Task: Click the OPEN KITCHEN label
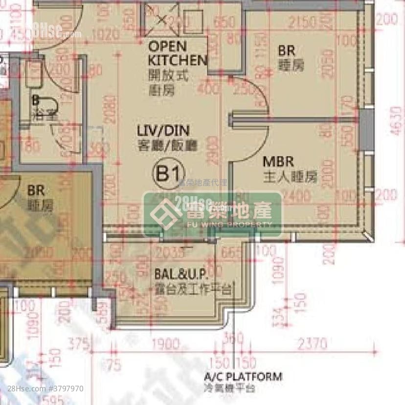point(178,54)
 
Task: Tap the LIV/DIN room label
point(163,131)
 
